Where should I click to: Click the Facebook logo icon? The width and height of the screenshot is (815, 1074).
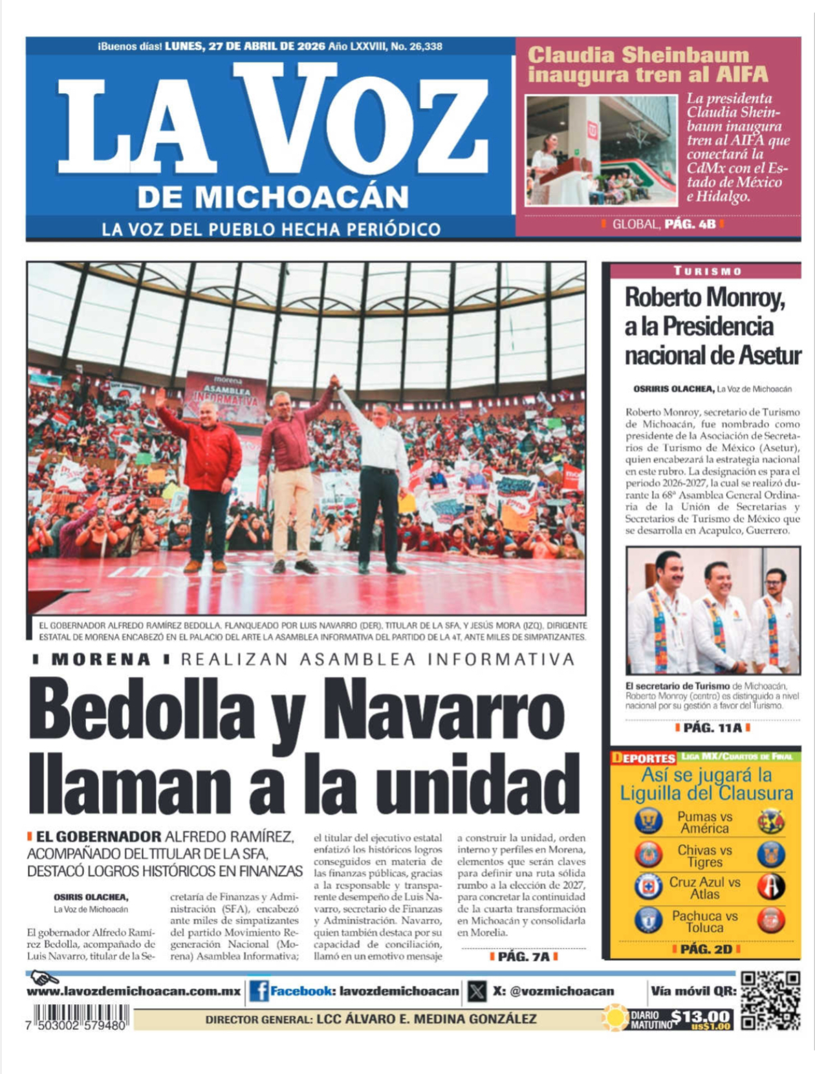(259, 991)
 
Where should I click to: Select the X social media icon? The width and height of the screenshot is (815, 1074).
(477, 991)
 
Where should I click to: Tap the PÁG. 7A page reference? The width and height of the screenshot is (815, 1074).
(523, 956)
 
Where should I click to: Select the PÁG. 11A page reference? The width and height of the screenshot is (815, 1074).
(712, 728)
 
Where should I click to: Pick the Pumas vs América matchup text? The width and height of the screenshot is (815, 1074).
(704, 822)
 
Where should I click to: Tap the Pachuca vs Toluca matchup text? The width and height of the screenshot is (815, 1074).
(704, 921)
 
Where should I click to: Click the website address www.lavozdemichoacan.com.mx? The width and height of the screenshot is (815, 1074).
(133, 991)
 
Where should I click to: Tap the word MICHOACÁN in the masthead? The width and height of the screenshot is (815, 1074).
(273, 197)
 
